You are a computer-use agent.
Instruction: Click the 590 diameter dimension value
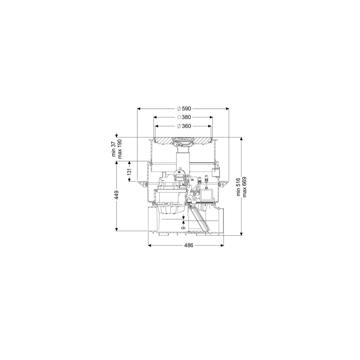click(x=186, y=109)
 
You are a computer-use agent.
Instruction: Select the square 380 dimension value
click(x=186, y=117)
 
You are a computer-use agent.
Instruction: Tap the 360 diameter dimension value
click(x=186, y=126)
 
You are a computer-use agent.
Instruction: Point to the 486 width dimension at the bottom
click(x=189, y=246)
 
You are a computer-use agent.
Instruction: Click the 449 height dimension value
click(x=117, y=195)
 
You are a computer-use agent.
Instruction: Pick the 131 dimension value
click(x=129, y=171)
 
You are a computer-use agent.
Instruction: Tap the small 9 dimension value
click(x=183, y=228)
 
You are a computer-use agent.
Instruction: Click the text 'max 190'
click(x=120, y=149)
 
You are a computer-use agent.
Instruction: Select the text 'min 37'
click(x=114, y=149)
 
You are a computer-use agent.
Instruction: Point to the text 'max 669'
click(x=244, y=187)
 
